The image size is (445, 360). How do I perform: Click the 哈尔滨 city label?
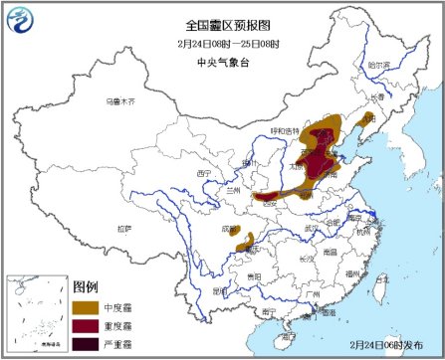coord(380,66)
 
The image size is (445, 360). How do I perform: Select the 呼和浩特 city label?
coord(282,131)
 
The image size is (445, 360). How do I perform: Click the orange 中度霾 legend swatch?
coord(87,306)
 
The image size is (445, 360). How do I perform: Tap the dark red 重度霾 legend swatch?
coord(87,325)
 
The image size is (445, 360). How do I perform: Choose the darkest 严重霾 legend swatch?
coord(87,344)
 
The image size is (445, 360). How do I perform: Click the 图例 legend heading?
coord(87,286)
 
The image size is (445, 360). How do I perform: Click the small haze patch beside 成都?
coord(246,239)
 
